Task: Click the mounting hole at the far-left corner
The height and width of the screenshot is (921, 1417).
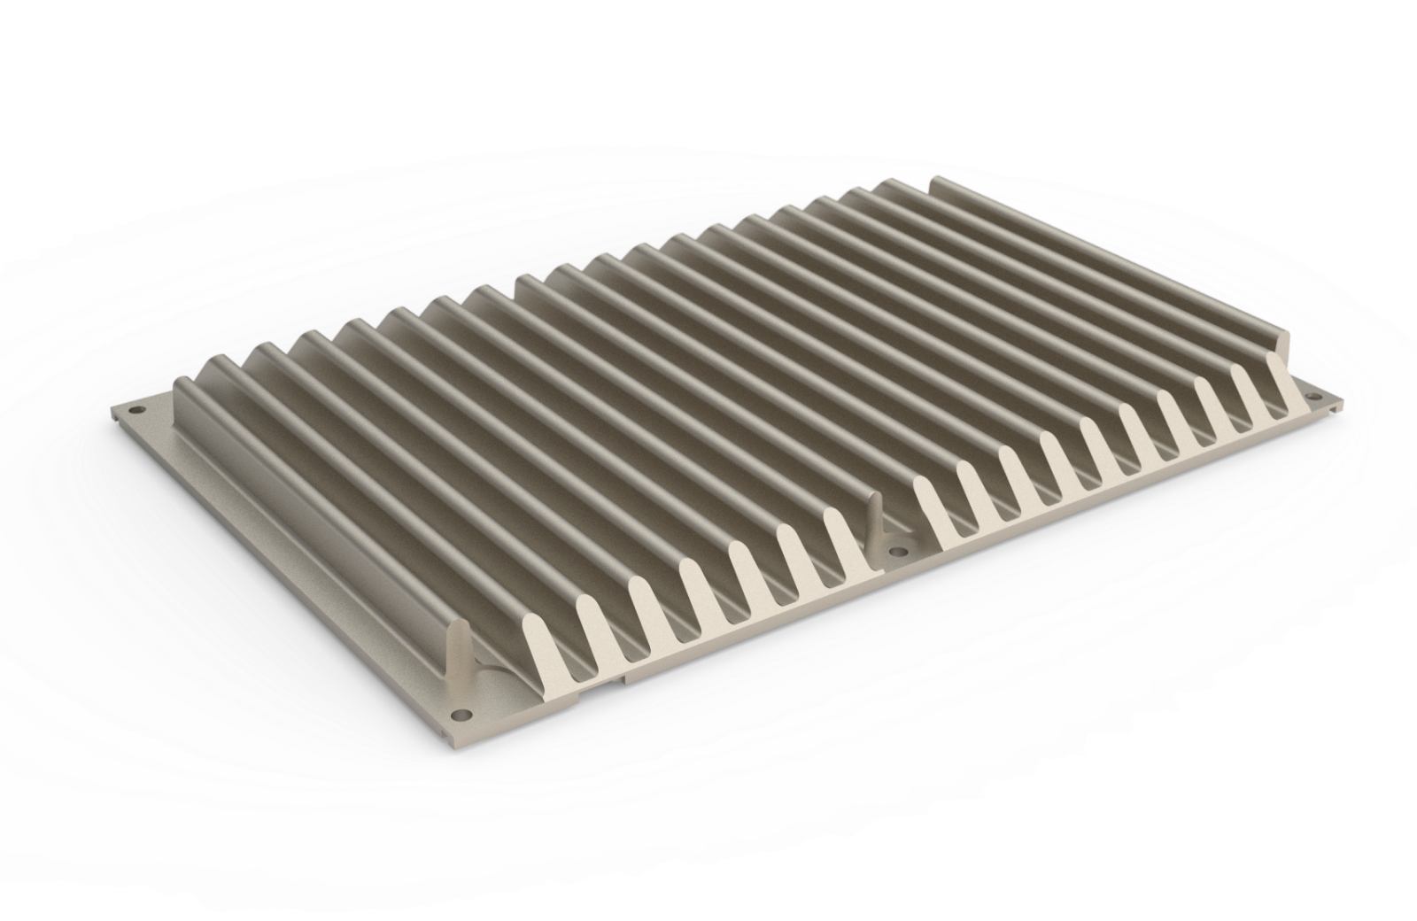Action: click(x=136, y=410)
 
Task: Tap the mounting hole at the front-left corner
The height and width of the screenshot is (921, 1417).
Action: click(x=459, y=713)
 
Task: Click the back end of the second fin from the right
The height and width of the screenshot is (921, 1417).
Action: click(x=886, y=189)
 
